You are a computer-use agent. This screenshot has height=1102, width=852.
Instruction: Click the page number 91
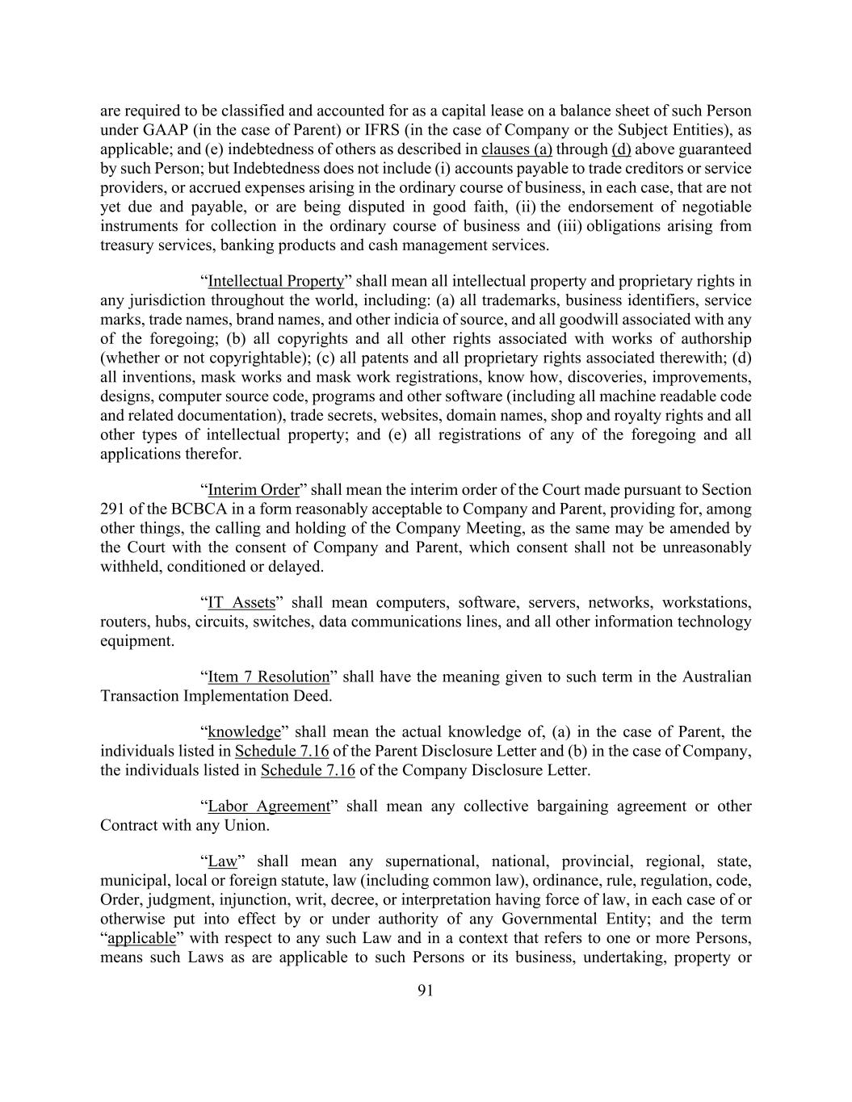(426, 991)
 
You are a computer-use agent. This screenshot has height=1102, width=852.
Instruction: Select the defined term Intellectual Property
(275, 282)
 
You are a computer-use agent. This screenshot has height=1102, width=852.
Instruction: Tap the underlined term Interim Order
(254, 490)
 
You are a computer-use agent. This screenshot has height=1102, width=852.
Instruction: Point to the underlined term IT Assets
(241, 603)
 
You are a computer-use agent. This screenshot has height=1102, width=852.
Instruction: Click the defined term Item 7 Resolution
(269, 677)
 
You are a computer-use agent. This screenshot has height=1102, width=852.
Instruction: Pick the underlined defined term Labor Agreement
(269, 807)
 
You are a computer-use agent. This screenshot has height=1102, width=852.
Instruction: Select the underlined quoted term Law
(223, 861)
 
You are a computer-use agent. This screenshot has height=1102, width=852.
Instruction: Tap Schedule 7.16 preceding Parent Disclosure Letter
(282, 752)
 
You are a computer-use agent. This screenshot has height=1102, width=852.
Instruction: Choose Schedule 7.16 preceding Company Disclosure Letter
(308, 770)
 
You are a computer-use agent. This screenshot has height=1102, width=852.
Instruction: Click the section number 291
(112, 509)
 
